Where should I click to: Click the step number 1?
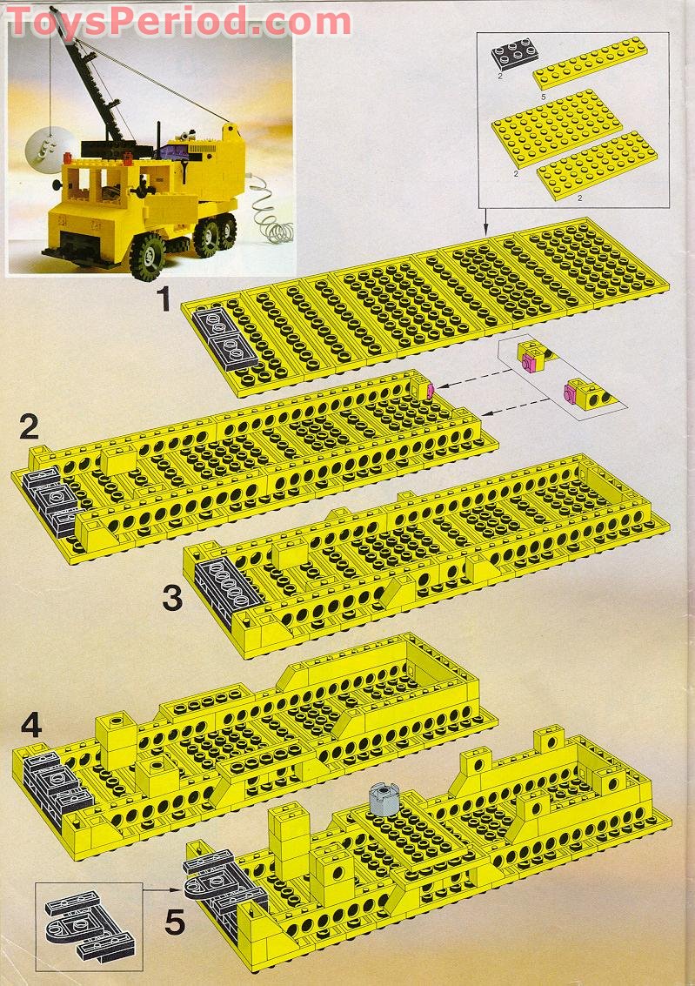pyautogui.click(x=163, y=300)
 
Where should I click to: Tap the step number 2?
pyautogui.click(x=30, y=427)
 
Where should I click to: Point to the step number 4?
pyautogui.click(x=30, y=725)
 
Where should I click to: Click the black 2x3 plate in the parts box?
pyautogui.click(x=511, y=57)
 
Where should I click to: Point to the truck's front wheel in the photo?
pyautogui.click(x=149, y=253)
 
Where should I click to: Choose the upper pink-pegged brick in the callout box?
pyautogui.click(x=532, y=358)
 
